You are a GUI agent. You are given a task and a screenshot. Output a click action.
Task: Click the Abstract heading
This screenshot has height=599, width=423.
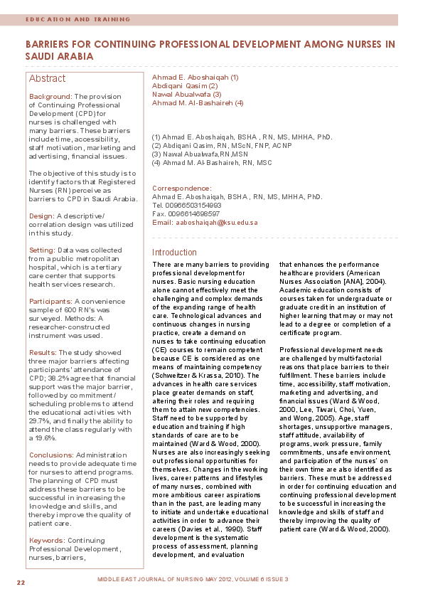[47, 78]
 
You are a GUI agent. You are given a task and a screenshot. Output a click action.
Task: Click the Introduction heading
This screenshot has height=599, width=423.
[174, 252]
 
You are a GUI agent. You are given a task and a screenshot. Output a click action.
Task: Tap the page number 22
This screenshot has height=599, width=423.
[21, 582]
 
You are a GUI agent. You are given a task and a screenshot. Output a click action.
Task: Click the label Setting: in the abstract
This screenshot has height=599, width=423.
[42, 250]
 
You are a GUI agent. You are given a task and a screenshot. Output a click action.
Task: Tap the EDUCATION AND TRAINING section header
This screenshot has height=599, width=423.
[77, 19]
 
